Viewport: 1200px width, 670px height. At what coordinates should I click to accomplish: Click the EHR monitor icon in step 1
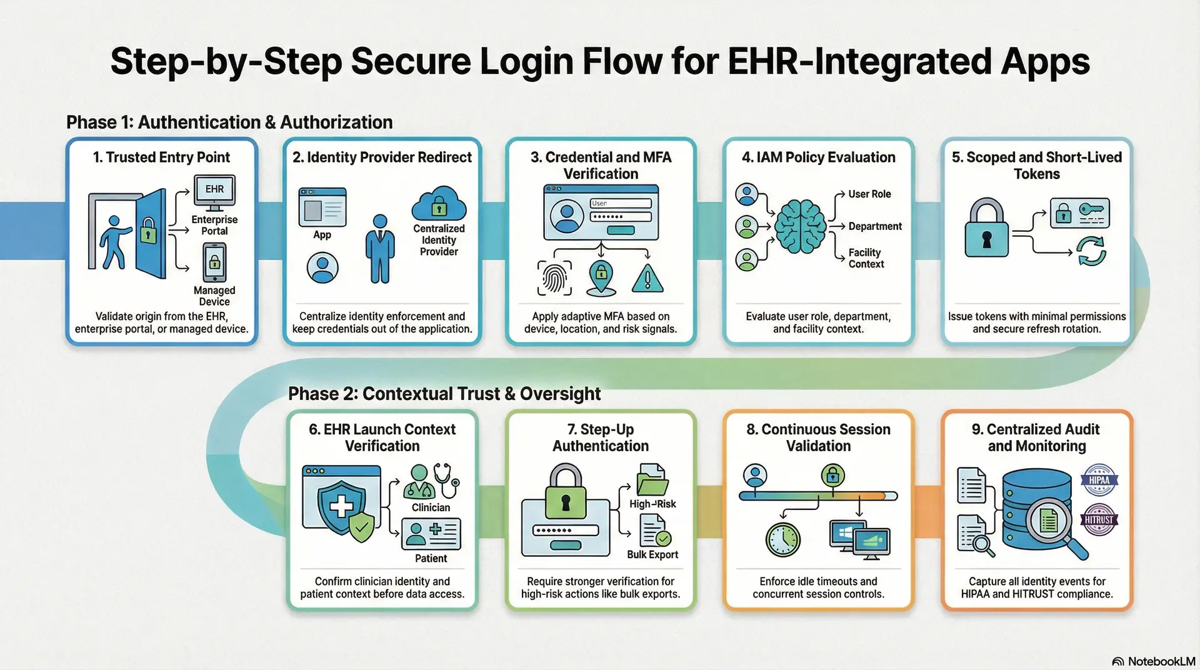(214, 191)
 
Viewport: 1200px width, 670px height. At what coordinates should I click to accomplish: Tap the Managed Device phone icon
(214, 262)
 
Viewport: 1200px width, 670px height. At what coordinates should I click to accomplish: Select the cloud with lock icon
(439, 203)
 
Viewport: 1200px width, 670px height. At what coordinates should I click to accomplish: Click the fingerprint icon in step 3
(554, 277)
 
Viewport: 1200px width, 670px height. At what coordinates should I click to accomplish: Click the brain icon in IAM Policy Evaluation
(800, 226)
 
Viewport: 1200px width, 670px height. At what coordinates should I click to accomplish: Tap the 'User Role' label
(869, 194)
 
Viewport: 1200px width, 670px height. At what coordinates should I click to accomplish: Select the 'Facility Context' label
(866, 258)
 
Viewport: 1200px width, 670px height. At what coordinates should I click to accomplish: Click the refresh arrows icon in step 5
(1091, 251)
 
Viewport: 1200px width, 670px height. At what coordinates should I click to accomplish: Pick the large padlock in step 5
(987, 229)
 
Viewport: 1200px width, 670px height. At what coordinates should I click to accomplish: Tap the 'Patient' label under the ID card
(431, 558)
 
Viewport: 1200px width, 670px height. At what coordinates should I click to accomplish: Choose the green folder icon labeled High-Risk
(652, 481)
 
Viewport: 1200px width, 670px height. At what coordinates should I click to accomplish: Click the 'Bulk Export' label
(652, 554)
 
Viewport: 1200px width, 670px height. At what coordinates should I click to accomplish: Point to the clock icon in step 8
(782, 539)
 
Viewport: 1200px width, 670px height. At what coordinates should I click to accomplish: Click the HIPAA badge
(1099, 481)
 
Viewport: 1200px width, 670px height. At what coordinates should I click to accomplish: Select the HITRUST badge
(1099, 519)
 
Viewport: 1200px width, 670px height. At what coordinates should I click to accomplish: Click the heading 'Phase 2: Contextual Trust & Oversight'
(444, 394)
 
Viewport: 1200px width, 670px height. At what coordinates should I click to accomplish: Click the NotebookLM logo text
(1161, 661)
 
